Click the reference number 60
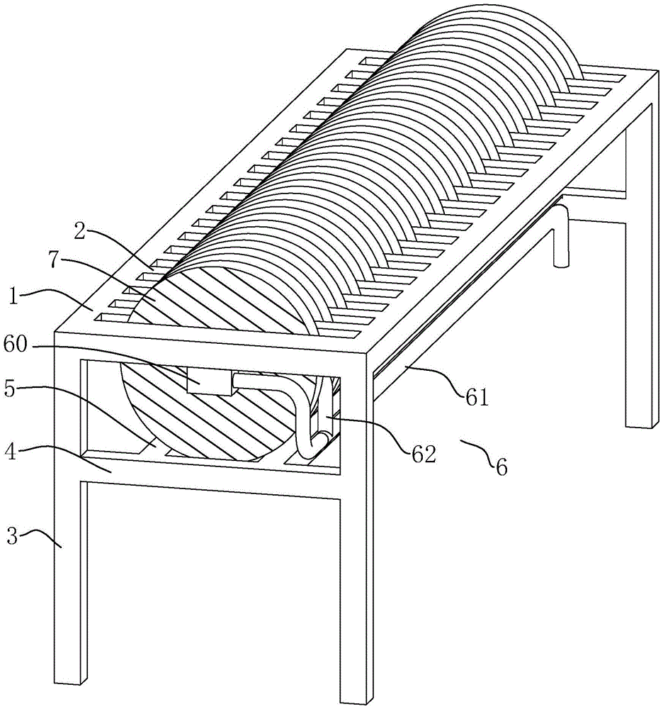click(16, 345)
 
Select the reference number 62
click(424, 454)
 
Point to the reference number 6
click(501, 467)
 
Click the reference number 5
click(11, 389)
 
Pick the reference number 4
click(10, 452)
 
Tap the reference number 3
click(12, 537)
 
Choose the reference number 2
click(80, 232)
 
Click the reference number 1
click(14, 298)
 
